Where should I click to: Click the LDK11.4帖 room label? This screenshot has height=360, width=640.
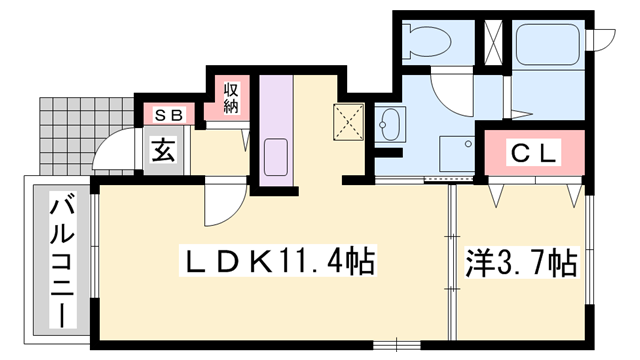tap(278, 260)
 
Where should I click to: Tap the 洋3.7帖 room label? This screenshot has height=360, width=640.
tap(521, 262)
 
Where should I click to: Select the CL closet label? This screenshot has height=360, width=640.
tap(534, 153)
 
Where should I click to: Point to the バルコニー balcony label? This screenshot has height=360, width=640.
tap(62, 260)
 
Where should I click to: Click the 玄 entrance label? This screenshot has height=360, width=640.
tap(164, 150)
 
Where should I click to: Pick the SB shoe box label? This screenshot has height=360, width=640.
tap(169, 116)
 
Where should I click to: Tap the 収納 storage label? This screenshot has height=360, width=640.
tap(231, 98)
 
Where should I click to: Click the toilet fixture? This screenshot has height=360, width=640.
tap(426, 42)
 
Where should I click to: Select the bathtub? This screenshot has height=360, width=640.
tap(548, 44)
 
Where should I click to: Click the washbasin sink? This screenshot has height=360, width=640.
tap(390, 124)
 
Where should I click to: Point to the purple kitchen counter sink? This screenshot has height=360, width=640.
tap(276, 157)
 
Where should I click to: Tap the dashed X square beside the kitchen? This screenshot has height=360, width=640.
tap(348, 122)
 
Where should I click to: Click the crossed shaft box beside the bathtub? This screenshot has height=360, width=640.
tap(493, 42)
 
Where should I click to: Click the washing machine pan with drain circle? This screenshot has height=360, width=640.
tap(457, 154)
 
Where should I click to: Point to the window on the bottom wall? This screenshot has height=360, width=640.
tap(397, 345)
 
